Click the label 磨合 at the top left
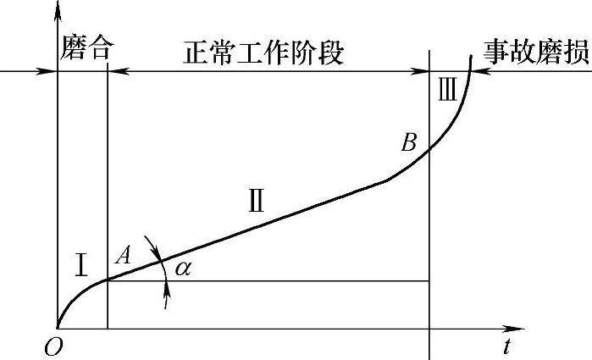click(x=86, y=48)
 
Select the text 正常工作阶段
click(x=264, y=53)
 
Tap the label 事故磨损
click(x=536, y=52)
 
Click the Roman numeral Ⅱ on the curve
click(x=256, y=201)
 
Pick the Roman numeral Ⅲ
click(x=448, y=89)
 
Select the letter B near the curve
click(x=409, y=143)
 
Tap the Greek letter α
click(x=182, y=269)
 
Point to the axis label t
click(x=506, y=346)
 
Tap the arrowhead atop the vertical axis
click(x=57, y=10)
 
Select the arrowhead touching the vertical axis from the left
click(x=51, y=71)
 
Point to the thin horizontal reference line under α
click(x=296, y=281)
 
